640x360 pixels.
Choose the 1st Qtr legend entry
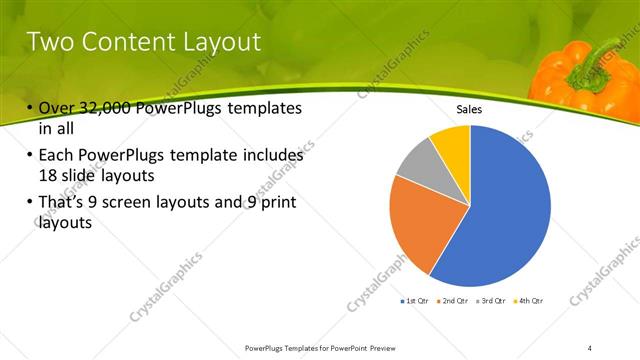(415, 301)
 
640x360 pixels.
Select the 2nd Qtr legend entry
(452, 301)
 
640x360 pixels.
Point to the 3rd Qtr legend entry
(490, 301)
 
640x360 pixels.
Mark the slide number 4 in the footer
(590, 347)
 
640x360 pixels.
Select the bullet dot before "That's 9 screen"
(30, 203)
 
